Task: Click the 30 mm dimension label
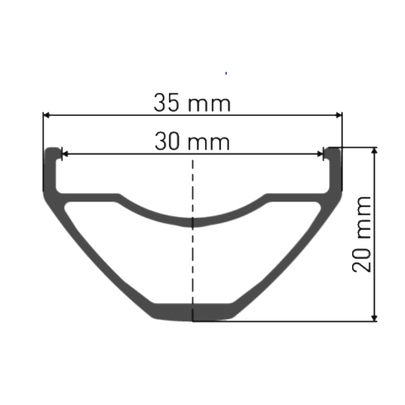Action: (x=192, y=142)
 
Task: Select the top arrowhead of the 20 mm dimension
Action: (x=374, y=151)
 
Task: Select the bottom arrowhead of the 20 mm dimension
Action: (x=374, y=318)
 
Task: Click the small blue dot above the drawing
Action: (x=226, y=73)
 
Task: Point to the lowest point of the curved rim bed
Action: (x=192, y=222)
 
